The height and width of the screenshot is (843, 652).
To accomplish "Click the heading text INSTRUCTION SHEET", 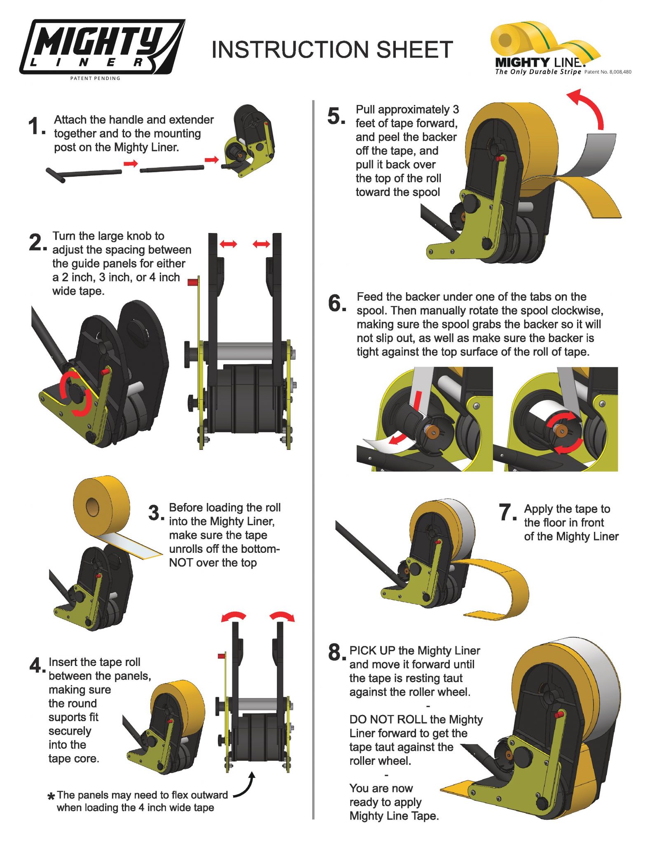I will coord(332,50).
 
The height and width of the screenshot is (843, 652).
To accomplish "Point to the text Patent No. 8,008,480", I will coord(608,72).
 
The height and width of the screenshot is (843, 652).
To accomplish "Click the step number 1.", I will coord(36,126).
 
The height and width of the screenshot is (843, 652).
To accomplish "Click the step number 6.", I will coord(337,303).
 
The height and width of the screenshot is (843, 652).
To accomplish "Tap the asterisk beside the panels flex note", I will coord(51,797).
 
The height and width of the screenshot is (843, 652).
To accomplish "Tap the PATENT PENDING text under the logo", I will coord(95,78).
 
